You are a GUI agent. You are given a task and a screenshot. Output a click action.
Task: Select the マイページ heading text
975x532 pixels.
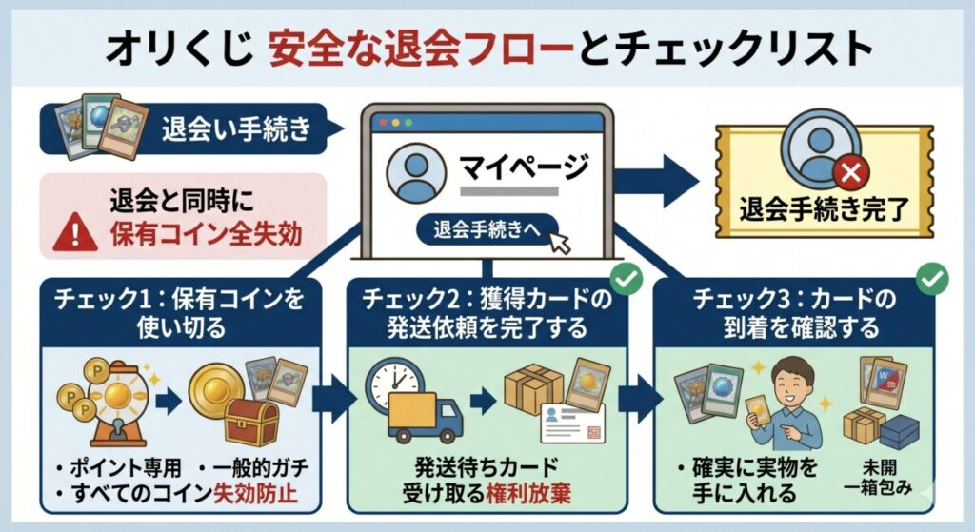pos(526,168)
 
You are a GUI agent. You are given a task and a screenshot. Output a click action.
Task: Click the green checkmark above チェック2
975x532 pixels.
pos(627,279)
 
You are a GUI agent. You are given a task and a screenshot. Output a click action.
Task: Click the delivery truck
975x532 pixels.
pos(426,417)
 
